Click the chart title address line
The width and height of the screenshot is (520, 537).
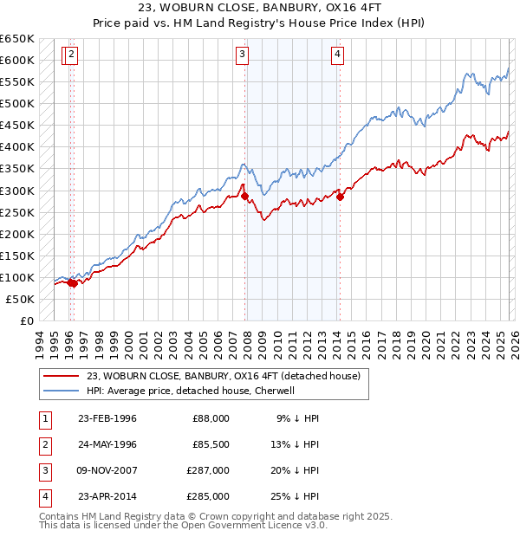click(260, 8)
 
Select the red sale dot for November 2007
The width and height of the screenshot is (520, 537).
click(245, 196)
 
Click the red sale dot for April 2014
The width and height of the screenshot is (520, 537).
click(341, 197)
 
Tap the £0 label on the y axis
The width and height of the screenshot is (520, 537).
click(26, 320)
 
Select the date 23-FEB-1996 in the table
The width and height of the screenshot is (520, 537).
click(107, 418)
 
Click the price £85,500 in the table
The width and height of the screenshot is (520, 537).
click(211, 444)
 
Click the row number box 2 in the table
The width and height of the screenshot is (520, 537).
click(43, 444)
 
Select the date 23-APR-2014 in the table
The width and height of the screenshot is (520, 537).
click(107, 496)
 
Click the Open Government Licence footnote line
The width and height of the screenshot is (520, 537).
click(184, 525)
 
